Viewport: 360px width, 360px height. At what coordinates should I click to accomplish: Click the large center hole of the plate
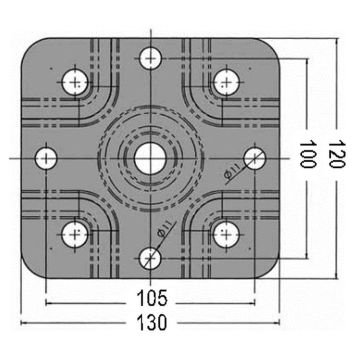pyautogui.click(x=150, y=157)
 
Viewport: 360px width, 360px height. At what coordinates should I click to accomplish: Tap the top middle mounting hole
pyautogui.click(x=150, y=57)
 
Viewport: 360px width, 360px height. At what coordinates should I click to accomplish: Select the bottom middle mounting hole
pyautogui.click(x=150, y=258)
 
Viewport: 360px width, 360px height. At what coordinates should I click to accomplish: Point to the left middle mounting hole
pyautogui.click(x=45, y=157)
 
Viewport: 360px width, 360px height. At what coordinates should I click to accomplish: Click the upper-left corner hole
pyautogui.click(x=75, y=81)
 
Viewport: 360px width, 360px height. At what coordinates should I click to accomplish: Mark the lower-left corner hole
pyautogui.click(x=75, y=234)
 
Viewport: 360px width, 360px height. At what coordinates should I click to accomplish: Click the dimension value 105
pyautogui.click(x=150, y=297)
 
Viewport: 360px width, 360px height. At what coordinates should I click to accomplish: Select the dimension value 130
pyautogui.click(x=150, y=325)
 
